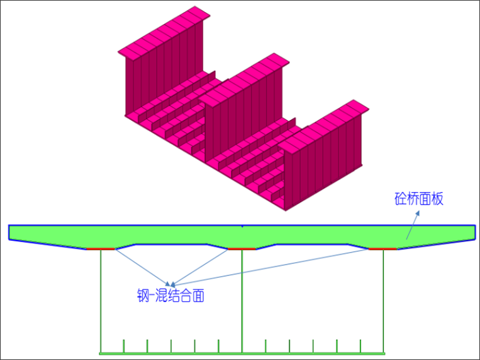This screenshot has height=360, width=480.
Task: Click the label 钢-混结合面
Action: [171, 296]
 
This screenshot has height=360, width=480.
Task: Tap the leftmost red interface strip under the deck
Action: [101, 249]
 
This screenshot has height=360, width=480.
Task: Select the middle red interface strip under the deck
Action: [241, 249]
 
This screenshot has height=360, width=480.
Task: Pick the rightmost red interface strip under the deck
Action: [382, 249]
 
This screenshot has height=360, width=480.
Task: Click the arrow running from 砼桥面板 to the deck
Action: [411, 224]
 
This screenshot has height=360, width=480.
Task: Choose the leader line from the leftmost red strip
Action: [142, 267]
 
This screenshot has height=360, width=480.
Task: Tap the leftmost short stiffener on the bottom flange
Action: [124, 346]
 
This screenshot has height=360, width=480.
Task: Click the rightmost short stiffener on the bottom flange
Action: [361, 346]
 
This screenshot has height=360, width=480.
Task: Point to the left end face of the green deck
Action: [9, 232]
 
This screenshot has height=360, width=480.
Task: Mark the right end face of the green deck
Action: [474, 232]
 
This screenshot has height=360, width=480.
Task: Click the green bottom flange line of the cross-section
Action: [242, 352]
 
